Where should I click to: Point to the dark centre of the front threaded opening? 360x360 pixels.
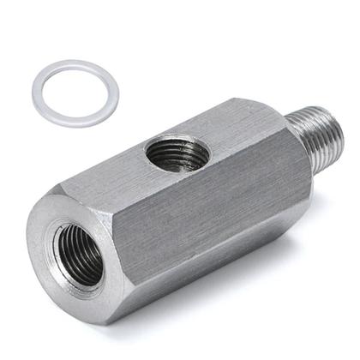(x=79, y=255)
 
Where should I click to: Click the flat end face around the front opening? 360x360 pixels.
(x=51, y=274)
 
